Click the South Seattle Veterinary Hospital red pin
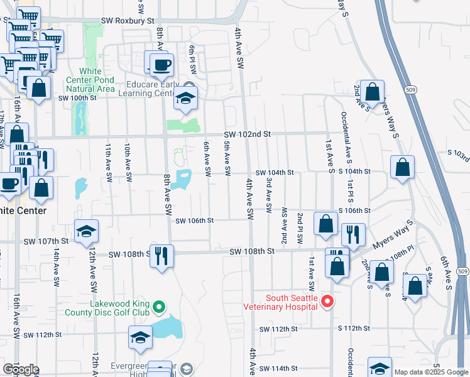point(326,302)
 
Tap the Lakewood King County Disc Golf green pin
point(159,307)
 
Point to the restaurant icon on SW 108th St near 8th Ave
point(162,255)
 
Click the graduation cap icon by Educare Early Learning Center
point(185,98)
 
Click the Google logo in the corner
point(20,369)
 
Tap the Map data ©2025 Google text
point(430,372)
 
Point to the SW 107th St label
point(46,241)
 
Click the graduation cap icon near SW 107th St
point(86,232)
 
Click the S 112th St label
point(354,329)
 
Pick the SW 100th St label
point(77,98)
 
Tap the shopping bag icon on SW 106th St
point(326,224)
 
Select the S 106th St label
point(354,210)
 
